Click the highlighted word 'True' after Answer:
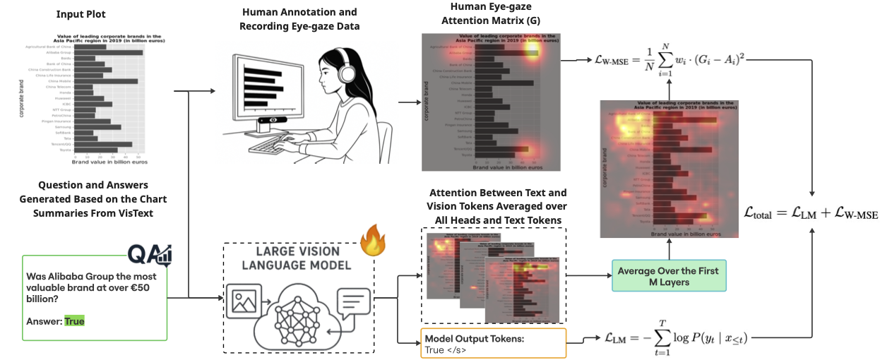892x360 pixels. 74,321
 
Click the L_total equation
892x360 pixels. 811,212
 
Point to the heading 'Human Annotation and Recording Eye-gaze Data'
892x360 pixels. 299,19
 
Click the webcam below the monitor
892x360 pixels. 271,121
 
